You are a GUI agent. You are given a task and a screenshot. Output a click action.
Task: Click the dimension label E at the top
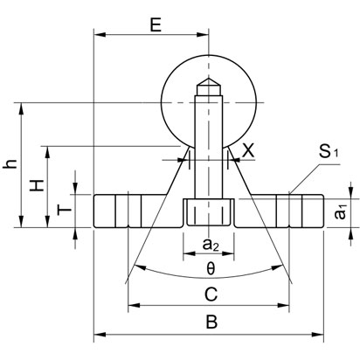pos(155,24)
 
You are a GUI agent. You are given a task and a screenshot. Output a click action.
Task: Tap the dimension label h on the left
pos(11,164)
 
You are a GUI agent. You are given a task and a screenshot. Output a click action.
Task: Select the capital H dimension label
pos(35,185)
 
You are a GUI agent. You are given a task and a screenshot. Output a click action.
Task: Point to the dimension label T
pos(61,211)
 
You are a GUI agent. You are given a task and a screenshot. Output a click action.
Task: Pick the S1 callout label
pos(329,153)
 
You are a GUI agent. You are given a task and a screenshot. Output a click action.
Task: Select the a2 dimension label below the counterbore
pos(210,242)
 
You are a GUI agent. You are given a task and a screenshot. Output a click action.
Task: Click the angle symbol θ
pos(210,267)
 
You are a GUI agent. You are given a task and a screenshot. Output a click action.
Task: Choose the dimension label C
pos(210,292)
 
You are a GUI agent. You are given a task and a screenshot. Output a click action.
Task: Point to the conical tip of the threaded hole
pos(209,87)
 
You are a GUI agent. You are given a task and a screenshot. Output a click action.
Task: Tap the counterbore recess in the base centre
pos(209,213)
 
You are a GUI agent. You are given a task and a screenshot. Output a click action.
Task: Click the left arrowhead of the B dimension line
pos(98,333)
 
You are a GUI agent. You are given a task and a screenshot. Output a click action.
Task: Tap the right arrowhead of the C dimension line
pos(284,306)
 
